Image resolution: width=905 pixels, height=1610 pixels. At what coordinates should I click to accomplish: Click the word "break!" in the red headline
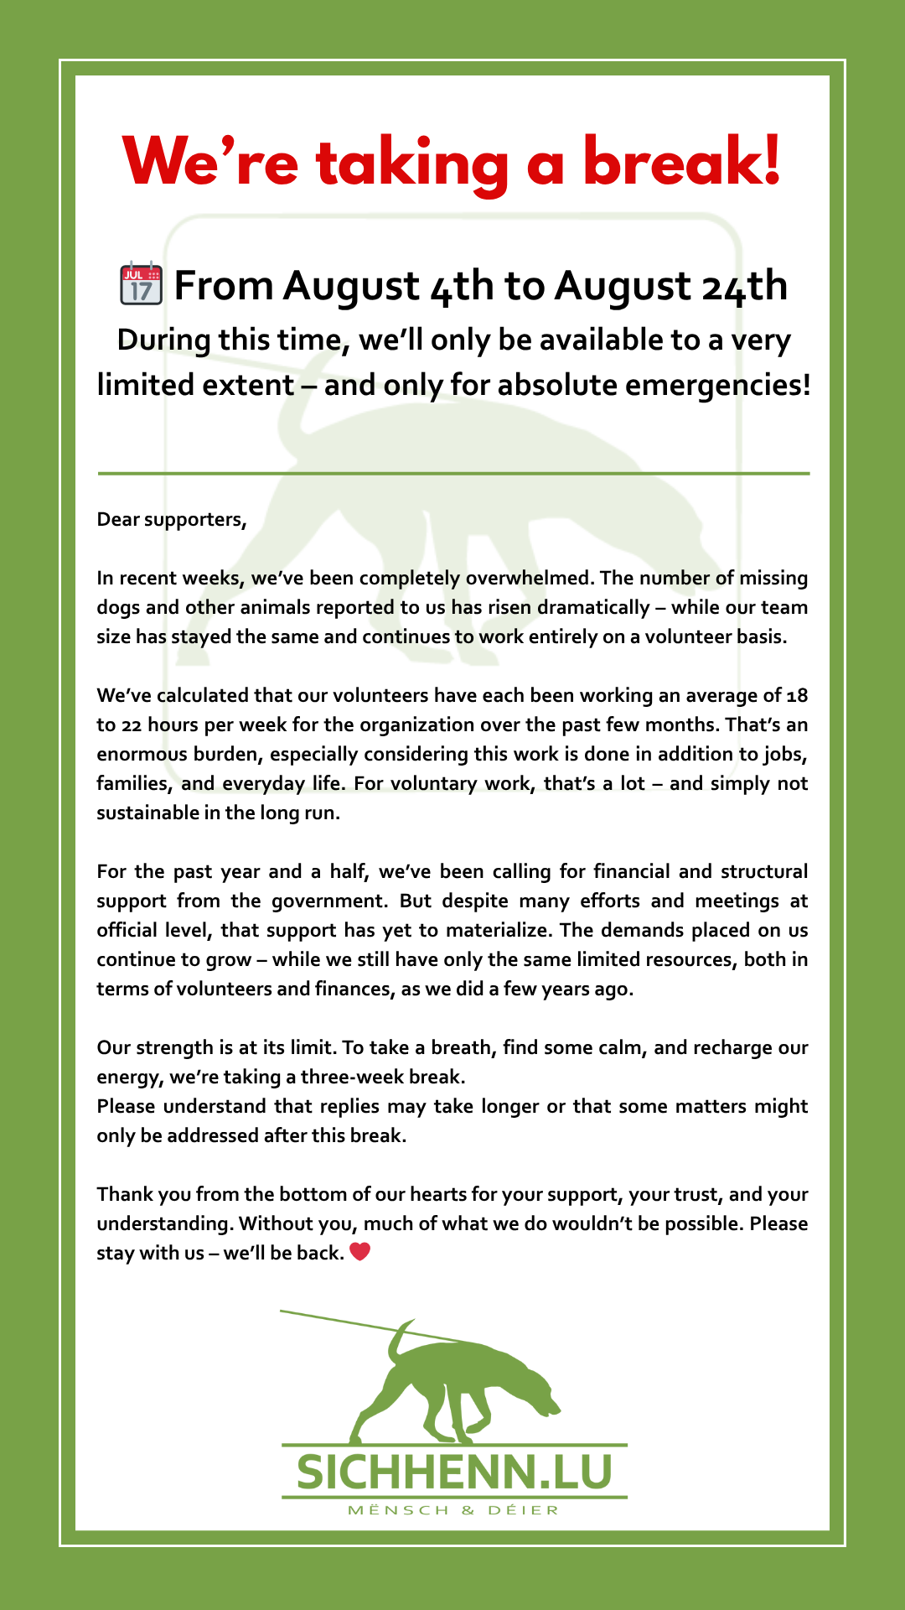[681, 162]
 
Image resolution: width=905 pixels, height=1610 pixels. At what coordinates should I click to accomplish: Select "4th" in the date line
[462, 286]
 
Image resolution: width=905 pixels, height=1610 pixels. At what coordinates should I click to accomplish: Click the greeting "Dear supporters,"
[172, 520]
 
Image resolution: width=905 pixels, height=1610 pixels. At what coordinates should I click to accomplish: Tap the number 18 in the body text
[797, 696]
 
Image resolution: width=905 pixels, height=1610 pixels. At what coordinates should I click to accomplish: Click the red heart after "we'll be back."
[359, 1253]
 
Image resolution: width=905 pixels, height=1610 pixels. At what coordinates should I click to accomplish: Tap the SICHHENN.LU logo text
[454, 1473]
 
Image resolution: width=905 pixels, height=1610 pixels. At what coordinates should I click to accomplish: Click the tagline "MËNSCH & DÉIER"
[453, 1511]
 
